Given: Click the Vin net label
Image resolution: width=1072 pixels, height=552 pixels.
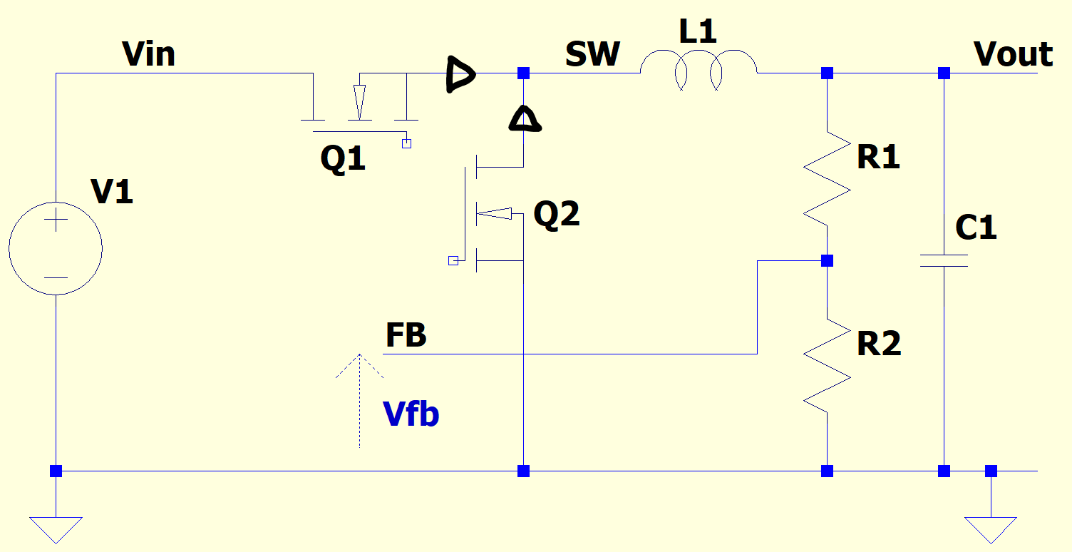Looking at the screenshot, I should [x=148, y=54].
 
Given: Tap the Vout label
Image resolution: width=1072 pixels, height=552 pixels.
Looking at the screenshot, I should [x=1013, y=54].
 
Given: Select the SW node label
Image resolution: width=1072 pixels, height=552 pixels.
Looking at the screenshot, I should [x=592, y=54].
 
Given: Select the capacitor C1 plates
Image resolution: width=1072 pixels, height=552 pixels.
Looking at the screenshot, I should [x=944, y=260].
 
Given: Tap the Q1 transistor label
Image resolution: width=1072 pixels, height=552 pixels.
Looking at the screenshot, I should [x=343, y=159].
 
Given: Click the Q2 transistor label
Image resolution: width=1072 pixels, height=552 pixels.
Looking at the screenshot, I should [x=557, y=214].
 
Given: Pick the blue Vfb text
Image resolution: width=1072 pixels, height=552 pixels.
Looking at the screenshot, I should [x=411, y=414].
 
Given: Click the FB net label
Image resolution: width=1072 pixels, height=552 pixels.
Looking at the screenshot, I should [x=406, y=335].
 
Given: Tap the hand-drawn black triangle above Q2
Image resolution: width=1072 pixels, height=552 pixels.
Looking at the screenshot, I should [x=524, y=119].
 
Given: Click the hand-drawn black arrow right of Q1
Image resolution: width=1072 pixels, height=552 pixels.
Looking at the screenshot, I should [x=460, y=73].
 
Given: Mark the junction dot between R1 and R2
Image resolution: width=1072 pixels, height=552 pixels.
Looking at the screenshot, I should [x=827, y=261].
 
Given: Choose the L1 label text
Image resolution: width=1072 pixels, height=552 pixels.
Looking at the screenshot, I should [x=698, y=32].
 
